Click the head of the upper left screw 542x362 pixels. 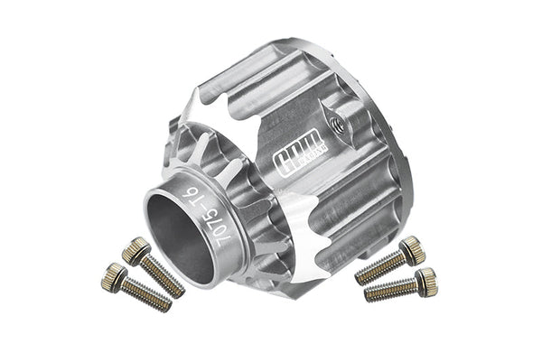[x=135, y=249]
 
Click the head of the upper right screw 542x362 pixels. [x=413, y=249]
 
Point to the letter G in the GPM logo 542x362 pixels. [x=282, y=159]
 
